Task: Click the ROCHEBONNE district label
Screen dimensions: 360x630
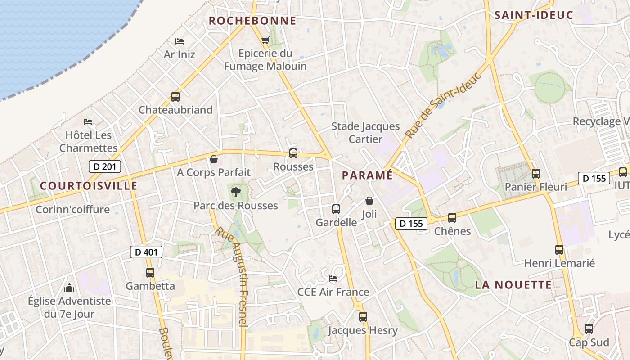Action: point(252,21)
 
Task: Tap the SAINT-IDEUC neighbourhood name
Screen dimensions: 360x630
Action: point(534,15)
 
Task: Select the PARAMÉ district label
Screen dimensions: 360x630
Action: point(367,175)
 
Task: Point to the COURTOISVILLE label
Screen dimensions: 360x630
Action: point(89,186)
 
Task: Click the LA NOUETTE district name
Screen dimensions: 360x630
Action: point(513,285)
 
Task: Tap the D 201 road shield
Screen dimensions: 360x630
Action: point(105,166)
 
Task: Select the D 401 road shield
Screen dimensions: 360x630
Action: point(146,252)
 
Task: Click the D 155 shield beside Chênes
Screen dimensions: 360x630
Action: point(411,223)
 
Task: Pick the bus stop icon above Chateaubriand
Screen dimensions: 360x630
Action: point(175,97)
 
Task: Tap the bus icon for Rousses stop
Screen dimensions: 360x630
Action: point(293,153)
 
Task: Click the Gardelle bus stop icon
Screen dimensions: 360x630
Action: point(336,209)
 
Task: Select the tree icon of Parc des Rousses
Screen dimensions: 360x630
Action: point(235,193)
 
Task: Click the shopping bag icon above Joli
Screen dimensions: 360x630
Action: point(369,201)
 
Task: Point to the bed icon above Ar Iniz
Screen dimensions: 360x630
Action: point(180,41)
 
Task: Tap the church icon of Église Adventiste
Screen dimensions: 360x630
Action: point(69,287)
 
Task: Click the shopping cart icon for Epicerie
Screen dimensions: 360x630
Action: point(265,40)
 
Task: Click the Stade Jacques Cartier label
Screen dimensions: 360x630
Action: point(365,133)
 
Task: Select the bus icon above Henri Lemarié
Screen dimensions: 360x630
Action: point(559,250)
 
